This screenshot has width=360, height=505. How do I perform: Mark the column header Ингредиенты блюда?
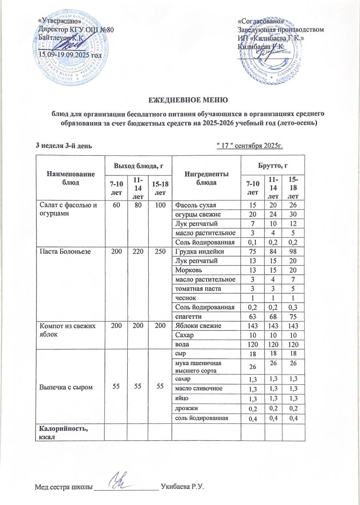pyautogui.click(x=206, y=178)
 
